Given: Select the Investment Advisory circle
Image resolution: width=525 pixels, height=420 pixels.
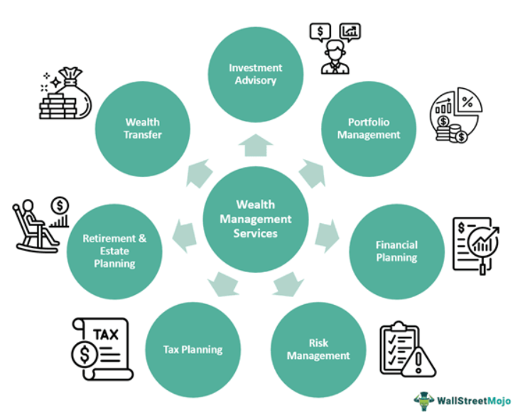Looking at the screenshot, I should click(255, 74).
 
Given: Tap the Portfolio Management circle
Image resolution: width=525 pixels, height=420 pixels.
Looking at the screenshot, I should click(369, 129).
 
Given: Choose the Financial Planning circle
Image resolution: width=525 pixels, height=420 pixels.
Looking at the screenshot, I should click(396, 251).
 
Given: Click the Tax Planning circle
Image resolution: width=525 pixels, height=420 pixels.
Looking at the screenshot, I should click(193, 349).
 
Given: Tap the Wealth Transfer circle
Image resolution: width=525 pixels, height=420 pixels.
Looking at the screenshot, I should click(143, 129).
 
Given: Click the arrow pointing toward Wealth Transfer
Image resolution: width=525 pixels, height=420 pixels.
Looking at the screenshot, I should click(200, 173).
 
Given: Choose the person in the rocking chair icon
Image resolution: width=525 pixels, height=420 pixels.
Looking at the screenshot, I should click(33, 226).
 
